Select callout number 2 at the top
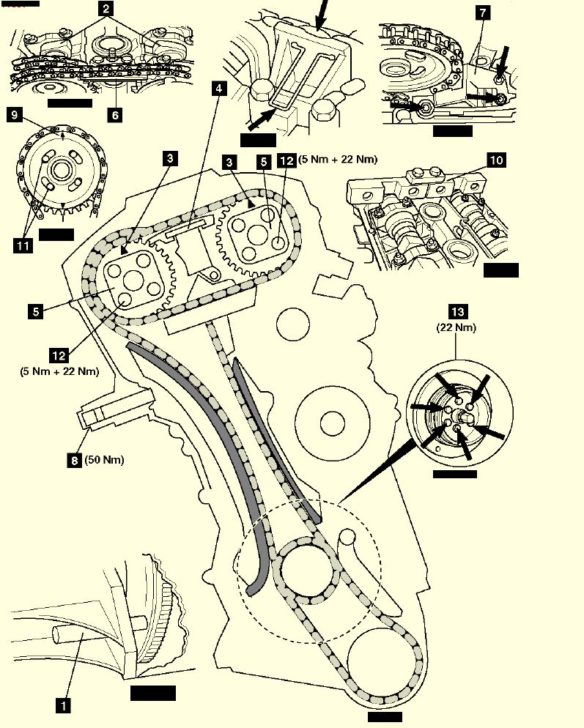pos(107,10)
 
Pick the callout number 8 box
pos(74,460)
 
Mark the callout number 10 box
pos(496,160)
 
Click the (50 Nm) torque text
pos(104,460)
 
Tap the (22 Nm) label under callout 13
pos(456,327)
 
